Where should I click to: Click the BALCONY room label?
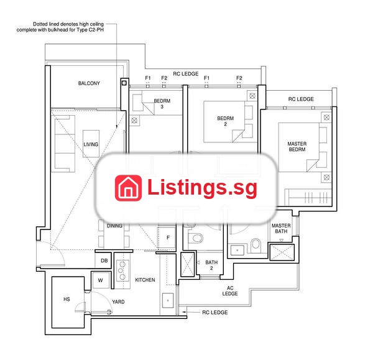coord(89,83)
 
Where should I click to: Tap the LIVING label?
coord(91,144)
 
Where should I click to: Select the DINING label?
coord(114,226)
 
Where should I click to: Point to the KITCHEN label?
coord(145,280)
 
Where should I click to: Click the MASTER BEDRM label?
coord(297,147)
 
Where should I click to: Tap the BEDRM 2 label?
coord(225,121)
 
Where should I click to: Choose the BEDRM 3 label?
coord(162,104)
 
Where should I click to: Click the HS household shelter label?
coord(67,299)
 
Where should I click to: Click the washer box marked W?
coord(101,280)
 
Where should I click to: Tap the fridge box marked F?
coord(167,238)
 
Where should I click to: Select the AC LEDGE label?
coord(230,291)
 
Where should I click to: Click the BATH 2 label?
coord(211,265)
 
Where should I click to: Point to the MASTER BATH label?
coord(281,228)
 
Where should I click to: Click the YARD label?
coord(118,302)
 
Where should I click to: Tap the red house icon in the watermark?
coord(128,188)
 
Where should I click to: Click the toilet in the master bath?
coord(256,244)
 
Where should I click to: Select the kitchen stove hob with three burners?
coord(122,270)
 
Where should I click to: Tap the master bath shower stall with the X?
coord(282,252)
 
